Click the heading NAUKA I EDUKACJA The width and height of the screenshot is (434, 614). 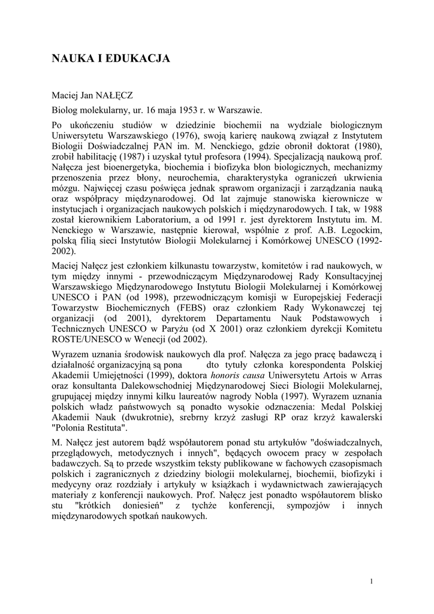[111, 58]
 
